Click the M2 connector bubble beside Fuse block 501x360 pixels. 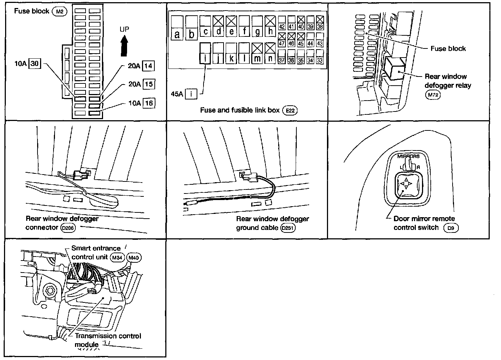[x=60, y=11]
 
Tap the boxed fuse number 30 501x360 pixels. [x=34, y=64]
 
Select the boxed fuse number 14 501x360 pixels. [x=148, y=66]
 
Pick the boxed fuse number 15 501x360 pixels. [x=148, y=84]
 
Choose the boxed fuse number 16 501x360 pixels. [x=149, y=103]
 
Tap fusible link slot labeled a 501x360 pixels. [x=177, y=27]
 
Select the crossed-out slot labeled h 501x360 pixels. [x=270, y=26]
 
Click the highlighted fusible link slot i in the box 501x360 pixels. [x=205, y=54]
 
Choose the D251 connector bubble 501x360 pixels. [x=288, y=228]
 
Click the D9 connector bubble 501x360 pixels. [x=451, y=228]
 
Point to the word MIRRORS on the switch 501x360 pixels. [x=408, y=157]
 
